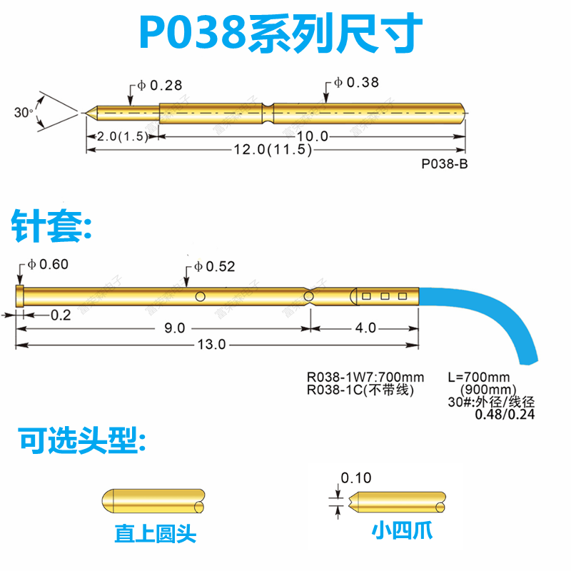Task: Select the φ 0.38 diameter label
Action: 358,84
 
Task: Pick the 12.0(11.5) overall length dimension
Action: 273,150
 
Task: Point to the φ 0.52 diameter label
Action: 214,267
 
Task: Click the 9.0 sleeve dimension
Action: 174,328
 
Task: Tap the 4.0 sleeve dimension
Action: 365,328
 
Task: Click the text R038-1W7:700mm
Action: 365,377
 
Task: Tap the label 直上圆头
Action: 155,533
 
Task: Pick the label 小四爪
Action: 402,530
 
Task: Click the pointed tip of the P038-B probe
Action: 87,112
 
